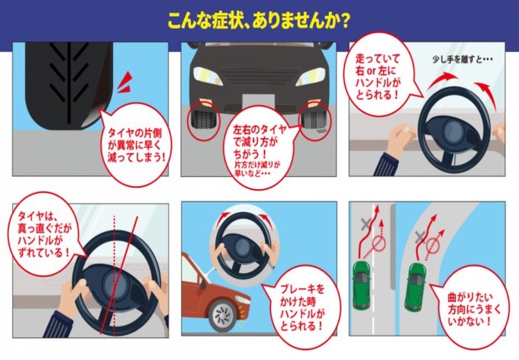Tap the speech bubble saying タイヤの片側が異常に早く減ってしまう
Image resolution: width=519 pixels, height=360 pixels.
(137, 145)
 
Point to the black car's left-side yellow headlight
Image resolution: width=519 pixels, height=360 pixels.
(208, 76)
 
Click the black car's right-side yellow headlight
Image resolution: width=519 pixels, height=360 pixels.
(311, 76)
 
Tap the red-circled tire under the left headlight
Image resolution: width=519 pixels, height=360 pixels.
(203, 121)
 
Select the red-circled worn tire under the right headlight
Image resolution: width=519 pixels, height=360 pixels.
(314, 121)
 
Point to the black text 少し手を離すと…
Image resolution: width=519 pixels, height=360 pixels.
(463, 59)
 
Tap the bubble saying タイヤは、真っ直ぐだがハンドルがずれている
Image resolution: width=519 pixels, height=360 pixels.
(47, 234)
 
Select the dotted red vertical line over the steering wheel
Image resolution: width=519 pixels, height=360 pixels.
(114, 275)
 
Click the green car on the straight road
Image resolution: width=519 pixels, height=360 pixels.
(362, 285)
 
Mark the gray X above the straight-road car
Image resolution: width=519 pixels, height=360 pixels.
(366, 224)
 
